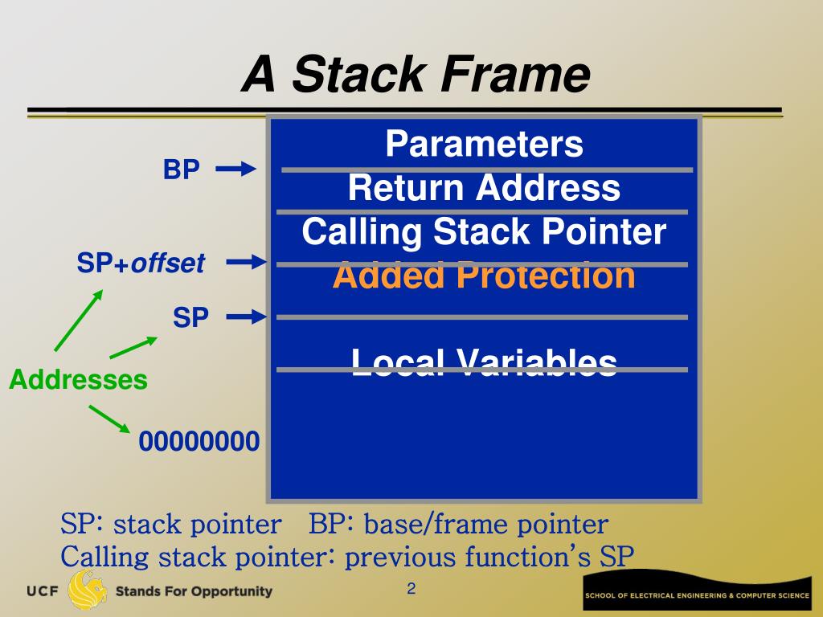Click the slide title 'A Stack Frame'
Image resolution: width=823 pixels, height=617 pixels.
(x=416, y=75)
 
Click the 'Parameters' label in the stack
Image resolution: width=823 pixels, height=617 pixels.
(x=484, y=145)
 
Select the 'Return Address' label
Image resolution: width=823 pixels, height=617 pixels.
(x=484, y=189)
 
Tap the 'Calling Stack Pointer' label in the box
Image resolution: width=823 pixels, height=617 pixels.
(x=484, y=232)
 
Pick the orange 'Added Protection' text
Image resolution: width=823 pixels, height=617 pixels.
(x=484, y=276)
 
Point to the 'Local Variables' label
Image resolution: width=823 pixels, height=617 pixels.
(x=484, y=362)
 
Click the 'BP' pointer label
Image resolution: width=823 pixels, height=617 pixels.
(x=182, y=170)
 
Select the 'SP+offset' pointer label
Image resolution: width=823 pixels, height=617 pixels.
(x=141, y=263)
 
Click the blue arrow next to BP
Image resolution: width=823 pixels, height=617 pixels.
(x=235, y=169)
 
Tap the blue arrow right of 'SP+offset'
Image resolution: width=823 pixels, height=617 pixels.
(x=246, y=262)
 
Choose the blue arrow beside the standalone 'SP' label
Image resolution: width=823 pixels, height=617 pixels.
(x=246, y=318)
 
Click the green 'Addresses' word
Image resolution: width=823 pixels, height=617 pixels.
(x=78, y=379)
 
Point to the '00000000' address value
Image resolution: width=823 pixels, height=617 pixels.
(x=199, y=442)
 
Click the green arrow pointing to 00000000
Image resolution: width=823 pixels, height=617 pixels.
(x=109, y=418)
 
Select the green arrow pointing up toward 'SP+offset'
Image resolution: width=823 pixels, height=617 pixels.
(x=78, y=321)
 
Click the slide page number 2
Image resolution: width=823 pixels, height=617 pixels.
(x=411, y=590)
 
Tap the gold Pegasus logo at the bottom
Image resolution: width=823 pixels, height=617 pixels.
(x=87, y=590)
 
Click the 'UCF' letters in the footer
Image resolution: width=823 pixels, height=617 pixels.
(x=43, y=592)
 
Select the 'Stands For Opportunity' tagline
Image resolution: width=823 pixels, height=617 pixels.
(x=194, y=592)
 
